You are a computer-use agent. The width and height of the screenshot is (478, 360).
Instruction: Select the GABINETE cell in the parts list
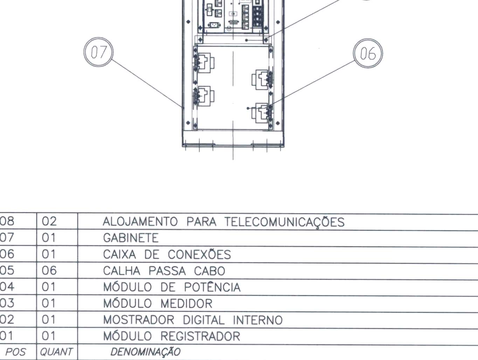131,238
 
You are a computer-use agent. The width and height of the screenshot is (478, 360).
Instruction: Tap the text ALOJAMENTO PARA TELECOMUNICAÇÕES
224,222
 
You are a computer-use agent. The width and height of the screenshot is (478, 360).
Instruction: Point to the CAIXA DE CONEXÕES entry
167,254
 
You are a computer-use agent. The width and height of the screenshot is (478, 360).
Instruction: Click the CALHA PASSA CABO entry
164,271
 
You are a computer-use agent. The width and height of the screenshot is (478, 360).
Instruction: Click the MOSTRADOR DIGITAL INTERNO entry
193,320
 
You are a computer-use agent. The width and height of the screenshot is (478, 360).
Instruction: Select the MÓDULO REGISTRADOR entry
172,335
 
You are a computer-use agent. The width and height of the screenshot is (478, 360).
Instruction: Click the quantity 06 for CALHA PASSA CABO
49,270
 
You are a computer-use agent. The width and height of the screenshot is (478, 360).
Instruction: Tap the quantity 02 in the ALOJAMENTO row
49,221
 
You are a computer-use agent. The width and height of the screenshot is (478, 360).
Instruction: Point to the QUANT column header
56,352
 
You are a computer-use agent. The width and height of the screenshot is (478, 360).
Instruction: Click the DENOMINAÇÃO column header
145,352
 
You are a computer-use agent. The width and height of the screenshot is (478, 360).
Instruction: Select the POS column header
15,352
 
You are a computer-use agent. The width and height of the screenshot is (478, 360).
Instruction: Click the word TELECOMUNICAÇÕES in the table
284,222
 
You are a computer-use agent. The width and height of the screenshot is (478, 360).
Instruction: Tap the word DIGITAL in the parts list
203,320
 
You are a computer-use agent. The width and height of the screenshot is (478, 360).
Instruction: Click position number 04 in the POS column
7,286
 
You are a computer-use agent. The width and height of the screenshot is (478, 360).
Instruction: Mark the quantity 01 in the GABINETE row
49,237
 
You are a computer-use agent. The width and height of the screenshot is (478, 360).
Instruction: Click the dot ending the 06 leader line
248,108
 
